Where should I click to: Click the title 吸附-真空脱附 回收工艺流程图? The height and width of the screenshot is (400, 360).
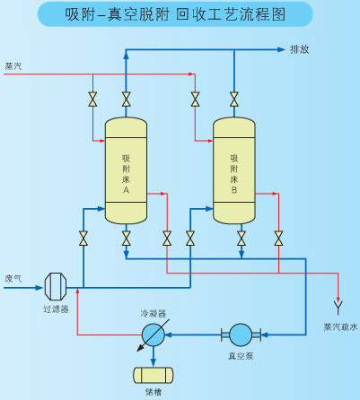point(175,14)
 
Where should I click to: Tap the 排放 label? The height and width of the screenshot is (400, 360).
point(299,49)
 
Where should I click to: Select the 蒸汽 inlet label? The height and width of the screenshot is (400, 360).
point(13,66)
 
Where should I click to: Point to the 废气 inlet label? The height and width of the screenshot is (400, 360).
point(13,279)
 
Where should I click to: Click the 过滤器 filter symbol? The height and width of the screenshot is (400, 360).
point(56,286)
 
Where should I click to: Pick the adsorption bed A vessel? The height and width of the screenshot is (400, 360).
point(126,170)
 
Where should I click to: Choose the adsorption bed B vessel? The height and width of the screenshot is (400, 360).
point(234,170)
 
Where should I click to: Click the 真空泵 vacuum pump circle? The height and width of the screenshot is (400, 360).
point(241,335)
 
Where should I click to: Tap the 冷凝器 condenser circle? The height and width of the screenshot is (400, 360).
point(154,335)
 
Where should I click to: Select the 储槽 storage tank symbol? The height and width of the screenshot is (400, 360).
point(154,375)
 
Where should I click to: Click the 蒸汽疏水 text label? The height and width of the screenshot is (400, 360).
point(340,326)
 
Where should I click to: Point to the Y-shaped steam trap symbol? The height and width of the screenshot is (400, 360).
point(338,308)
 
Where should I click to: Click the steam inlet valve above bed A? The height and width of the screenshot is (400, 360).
point(92,100)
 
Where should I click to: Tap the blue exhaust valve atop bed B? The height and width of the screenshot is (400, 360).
point(234,100)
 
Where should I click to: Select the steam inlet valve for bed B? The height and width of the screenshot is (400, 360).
point(195,100)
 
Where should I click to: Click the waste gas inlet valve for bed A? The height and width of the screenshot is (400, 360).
point(83,239)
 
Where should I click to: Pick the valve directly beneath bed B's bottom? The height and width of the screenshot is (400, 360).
point(241,239)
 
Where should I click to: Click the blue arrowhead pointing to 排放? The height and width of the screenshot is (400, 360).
point(281,49)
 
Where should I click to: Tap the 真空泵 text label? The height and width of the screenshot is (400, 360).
point(241,356)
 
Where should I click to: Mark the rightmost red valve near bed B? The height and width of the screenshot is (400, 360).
point(278,239)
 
